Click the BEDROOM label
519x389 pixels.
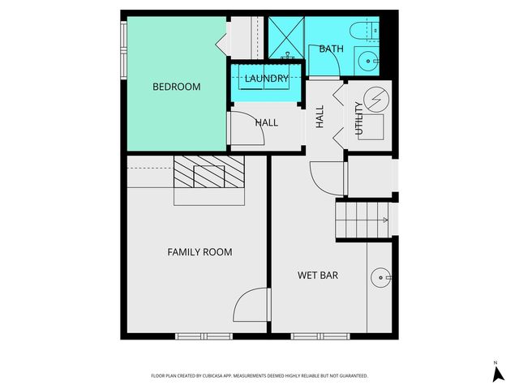point(177,87)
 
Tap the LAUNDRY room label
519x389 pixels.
point(267,79)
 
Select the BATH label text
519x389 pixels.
point(331,49)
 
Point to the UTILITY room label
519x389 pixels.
point(358,120)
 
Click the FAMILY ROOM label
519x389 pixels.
point(199,252)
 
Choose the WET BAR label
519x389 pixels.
point(318,276)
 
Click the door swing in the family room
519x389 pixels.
point(251,305)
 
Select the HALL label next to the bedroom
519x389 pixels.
point(267,122)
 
